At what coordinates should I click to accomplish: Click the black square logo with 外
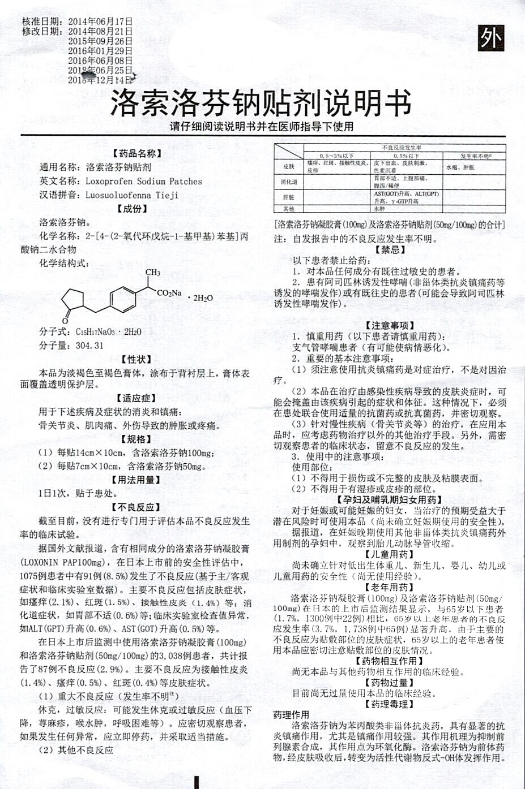490,38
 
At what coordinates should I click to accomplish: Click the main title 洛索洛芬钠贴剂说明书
261,104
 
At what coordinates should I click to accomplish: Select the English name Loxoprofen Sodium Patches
144,182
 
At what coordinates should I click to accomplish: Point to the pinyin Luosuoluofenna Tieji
132,195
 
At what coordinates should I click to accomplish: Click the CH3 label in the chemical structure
153,273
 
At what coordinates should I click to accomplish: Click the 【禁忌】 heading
390,249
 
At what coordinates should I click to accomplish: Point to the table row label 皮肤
288,167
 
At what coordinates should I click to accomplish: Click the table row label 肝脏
288,197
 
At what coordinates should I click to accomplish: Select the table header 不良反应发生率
404,148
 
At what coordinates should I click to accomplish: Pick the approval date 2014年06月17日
100,21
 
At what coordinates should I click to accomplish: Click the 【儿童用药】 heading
390,554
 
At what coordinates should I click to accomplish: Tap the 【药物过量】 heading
390,683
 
